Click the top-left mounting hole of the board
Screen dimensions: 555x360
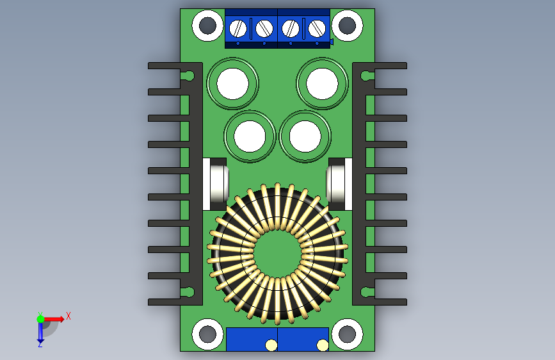207,26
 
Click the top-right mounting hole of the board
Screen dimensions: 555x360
347,26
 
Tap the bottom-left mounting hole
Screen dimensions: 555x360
207,334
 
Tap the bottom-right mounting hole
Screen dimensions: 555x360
347,334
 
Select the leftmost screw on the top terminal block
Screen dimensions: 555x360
238,28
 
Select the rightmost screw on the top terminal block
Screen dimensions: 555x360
317,28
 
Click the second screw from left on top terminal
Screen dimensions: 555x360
264,28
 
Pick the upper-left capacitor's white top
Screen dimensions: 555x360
232,84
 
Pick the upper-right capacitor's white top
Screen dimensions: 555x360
322,84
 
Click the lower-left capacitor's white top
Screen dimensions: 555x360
250,136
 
